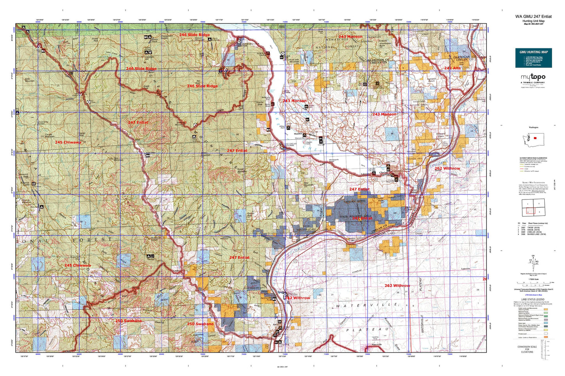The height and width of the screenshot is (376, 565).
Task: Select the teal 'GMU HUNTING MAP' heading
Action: pos(533,52)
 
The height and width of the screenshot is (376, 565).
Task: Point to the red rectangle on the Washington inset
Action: pos(535,138)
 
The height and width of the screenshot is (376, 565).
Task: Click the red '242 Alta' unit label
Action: pos(452,68)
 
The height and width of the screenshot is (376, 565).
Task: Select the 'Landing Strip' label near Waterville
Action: pos(375,338)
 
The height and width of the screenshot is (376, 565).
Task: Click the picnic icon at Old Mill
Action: pos(321,139)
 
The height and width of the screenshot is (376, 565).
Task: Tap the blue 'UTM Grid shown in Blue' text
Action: pos(533,294)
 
